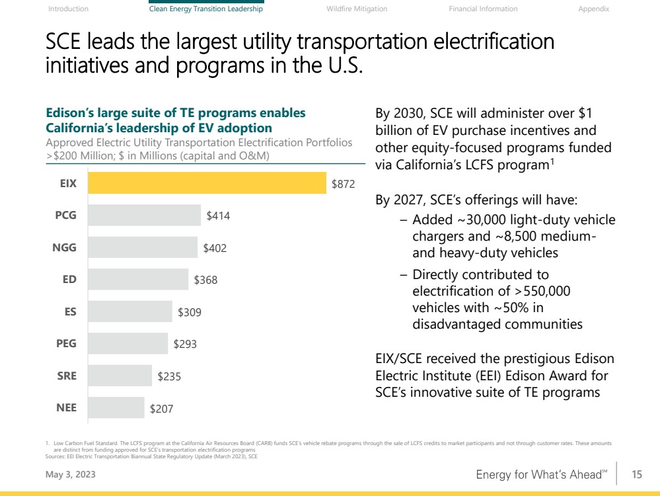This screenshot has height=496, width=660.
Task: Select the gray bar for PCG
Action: (145, 216)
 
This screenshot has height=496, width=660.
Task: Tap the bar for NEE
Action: (116, 408)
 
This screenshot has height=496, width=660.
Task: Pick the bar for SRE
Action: (120, 376)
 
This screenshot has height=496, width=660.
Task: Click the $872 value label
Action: (344, 184)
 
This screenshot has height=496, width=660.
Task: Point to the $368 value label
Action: (205, 280)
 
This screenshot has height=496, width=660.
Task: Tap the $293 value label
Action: (185, 344)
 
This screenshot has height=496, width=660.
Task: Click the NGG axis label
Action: (64, 248)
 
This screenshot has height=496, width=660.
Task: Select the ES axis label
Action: (69, 312)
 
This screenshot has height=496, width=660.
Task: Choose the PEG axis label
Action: (65, 344)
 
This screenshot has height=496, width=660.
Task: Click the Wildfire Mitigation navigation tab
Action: (357, 9)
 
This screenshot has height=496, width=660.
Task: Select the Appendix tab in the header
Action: (593, 9)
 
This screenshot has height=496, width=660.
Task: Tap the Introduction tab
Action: (69, 9)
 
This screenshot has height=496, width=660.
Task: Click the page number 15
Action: (637, 474)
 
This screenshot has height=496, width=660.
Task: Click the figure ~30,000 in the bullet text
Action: (472, 220)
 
